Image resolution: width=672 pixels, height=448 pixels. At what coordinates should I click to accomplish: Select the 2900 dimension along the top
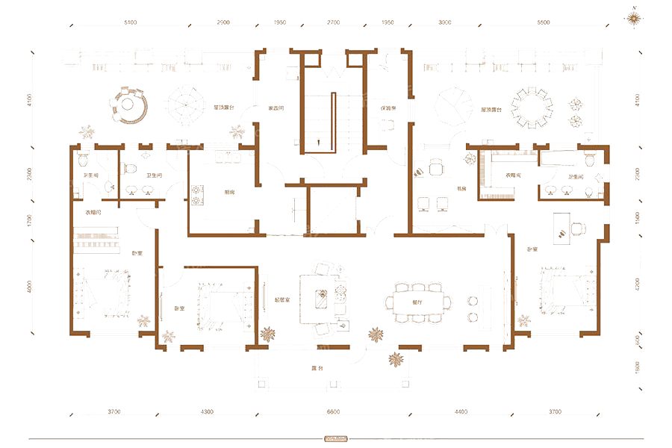pos(223,23)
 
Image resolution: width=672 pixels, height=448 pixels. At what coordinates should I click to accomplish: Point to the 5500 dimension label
pos(543,23)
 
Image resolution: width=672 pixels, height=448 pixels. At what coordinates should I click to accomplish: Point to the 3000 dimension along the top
pos(445,23)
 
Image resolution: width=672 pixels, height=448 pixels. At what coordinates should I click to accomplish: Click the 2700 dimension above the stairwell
pos(334,23)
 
